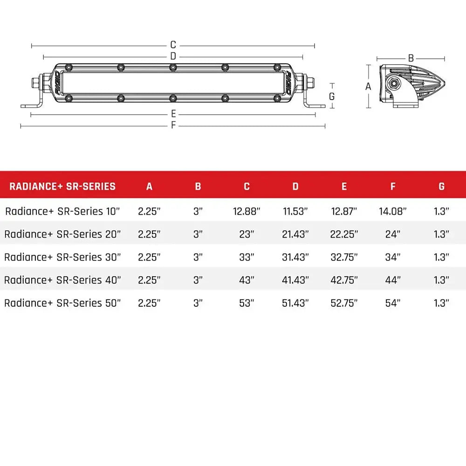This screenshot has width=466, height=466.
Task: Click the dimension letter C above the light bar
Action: pyautogui.click(x=173, y=45)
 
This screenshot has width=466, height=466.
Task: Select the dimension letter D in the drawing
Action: pyautogui.click(x=173, y=56)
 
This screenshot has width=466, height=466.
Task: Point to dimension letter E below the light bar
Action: pyautogui.click(x=173, y=114)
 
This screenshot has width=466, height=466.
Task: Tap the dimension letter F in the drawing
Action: pyautogui.click(x=173, y=125)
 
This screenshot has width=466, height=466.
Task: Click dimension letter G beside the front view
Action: pyautogui.click(x=332, y=96)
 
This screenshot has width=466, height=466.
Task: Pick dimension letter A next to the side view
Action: pyautogui.click(x=368, y=86)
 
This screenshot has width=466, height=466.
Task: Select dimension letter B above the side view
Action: pyautogui.click(x=411, y=58)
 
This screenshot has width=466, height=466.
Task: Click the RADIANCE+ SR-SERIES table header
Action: pyautogui.click(x=62, y=186)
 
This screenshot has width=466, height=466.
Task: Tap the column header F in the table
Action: pyautogui.click(x=393, y=186)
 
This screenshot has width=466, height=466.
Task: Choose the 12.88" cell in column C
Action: pyautogui.click(x=247, y=211)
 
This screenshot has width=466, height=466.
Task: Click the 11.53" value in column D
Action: pyautogui.click(x=295, y=211)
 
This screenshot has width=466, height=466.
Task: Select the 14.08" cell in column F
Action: pyautogui.click(x=393, y=211)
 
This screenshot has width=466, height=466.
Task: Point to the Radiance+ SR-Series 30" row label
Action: pyautogui.click(x=62, y=257)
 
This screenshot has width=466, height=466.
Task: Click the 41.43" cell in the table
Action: pyautogui.click(x=295, y=280)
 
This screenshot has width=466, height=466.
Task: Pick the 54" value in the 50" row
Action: pyautogui.click(x=393, y=303)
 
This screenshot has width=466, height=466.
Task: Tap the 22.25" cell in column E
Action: pyautogui.click(x=344, y=234)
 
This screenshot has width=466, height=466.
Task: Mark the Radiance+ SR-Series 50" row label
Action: pyautogui.click(x=62, y=303)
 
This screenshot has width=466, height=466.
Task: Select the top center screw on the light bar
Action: pyautogui.click(x=173, y=68)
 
